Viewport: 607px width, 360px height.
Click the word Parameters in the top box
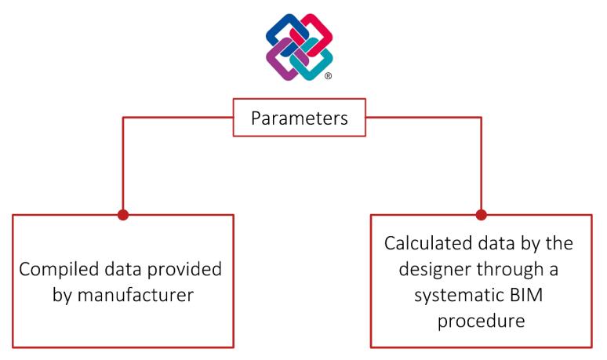pyautogui.click(x=299, y=118)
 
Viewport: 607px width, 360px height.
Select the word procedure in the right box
pyautogui.click(x=480, y=321)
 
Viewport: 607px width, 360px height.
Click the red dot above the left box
pyautogui.click(x=122, y=214)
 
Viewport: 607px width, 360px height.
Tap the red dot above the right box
pyautogui.click(x=481, y=214)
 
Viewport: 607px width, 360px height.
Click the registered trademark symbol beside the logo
pyautogui.click(x=328, y=77)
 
